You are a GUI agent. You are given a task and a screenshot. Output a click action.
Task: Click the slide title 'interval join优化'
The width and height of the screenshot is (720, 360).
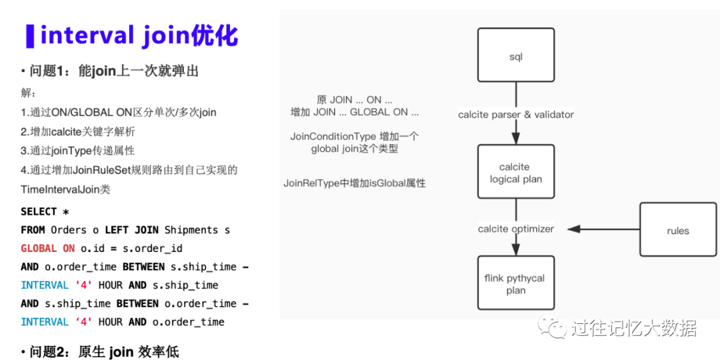coord(139,35)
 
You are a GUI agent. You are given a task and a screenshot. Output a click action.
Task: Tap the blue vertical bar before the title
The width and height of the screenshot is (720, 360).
coord(29,36)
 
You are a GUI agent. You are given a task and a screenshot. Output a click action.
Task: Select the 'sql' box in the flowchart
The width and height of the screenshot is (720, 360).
coord(515,57)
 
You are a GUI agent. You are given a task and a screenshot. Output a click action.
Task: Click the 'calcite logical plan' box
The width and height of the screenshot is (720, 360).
coord(515,173)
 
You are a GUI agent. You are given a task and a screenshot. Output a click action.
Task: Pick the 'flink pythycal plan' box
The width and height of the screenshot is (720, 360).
coord(515,284)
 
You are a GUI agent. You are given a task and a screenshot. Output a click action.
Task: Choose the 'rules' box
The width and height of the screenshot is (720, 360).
coord(677,231)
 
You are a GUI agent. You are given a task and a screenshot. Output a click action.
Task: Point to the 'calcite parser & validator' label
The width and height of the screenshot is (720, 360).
coord(516,115)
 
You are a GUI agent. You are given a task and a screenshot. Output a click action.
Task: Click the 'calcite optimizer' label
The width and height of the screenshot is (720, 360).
coord(515,229)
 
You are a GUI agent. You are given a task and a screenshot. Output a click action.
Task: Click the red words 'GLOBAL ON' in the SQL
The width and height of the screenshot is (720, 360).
coord(48,249)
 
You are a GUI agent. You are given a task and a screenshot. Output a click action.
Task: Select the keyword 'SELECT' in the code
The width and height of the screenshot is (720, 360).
coord(39,211)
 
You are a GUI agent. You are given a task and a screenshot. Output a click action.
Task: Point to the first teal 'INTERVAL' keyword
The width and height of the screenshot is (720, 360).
coord(45,285)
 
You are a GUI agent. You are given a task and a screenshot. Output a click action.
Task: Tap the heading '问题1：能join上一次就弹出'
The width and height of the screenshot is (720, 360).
coord(110,71)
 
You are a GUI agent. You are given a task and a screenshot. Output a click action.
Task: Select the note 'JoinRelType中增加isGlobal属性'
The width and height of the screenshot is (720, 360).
coord(355,183)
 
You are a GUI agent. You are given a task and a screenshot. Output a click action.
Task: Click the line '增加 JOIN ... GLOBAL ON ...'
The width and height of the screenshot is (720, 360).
coord(355,112)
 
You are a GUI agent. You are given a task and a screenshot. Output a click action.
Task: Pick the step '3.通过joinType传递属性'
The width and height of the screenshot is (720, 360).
coord(77,151)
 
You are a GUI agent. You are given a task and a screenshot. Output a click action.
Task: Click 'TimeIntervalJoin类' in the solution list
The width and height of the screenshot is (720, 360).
coord(65,189)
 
